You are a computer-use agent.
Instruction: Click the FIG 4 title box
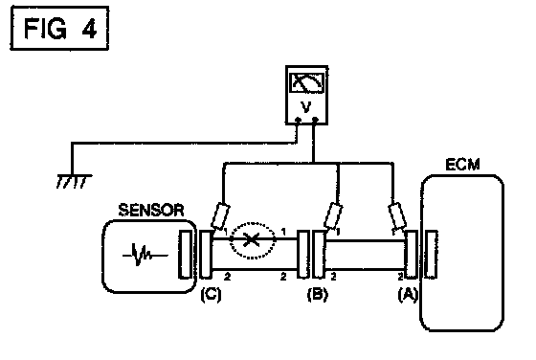coord(59,28)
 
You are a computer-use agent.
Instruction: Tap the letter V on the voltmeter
coord(306,107)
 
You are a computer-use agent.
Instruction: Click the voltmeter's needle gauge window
coord(306,82)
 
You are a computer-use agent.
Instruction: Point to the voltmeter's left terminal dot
coord(298,120)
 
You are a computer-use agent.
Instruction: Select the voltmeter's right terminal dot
coord(315,120)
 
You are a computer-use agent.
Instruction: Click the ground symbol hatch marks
coord(74,182)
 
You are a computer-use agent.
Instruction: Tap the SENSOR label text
coord(151,210)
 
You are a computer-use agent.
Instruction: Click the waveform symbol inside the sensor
coord(145,255)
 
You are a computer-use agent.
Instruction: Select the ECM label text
coord(463,165)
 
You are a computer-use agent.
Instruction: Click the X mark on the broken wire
coord(252,239)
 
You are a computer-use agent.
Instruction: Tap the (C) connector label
coord(211,294)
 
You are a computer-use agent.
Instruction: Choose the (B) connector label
coord(318,294)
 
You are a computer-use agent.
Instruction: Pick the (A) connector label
coord(408,294)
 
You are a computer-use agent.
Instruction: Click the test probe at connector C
coord(220,216)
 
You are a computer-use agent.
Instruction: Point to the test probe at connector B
coord(333,216)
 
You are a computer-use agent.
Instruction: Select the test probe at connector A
coord(397,216)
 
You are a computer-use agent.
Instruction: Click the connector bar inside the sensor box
coord(186,255)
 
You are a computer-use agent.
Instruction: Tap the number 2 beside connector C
coord(228,277)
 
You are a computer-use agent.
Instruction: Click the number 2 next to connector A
coord(401,277)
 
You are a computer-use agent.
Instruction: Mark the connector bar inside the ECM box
coord(431,255)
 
